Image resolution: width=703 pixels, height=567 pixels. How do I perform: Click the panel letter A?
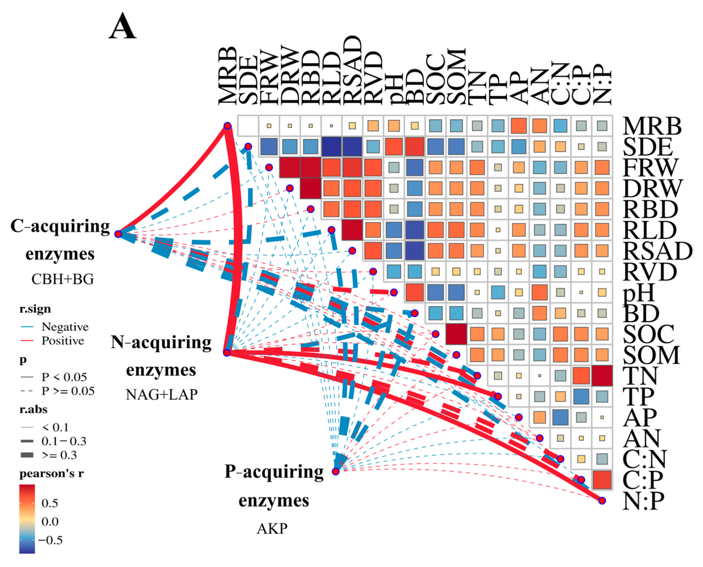(x=123, y=27)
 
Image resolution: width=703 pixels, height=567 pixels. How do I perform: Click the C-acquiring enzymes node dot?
(x=118, y=234)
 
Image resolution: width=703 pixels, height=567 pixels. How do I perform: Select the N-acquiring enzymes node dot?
(x=227, y=353)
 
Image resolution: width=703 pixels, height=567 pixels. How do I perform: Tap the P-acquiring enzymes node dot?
(x=336, y=471)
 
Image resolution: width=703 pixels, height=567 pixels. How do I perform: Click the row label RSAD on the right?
(x=657, y=251)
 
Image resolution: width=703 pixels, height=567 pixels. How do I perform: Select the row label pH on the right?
(x=639, y=293)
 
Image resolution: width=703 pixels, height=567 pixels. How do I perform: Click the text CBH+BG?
(x=62, y=279)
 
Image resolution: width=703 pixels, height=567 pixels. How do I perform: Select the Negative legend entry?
(x=65, y=327)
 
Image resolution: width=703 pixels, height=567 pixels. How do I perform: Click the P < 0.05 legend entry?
(x=64, y=377)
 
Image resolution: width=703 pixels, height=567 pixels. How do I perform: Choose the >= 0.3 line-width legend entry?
(x=59, y=455)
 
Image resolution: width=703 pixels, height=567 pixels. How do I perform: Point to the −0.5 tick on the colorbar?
(x=50, y=540)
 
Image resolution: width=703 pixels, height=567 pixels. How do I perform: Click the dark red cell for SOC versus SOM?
(x=456, y=334)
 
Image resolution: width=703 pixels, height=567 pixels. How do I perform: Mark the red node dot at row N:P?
(x=602, y=500)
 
